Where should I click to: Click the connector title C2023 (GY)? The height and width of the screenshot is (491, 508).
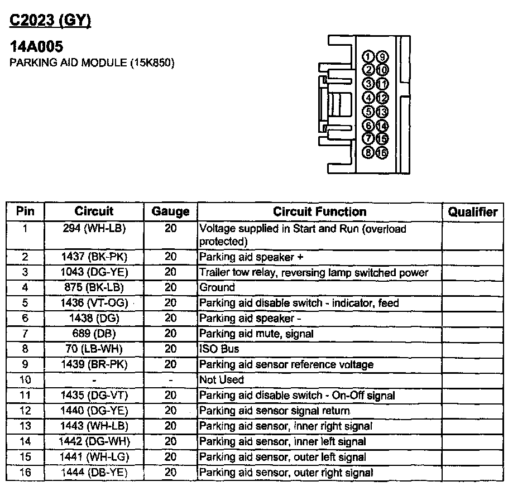[x=50, y=21]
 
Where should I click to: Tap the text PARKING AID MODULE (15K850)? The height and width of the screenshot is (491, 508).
[x=93, y=62]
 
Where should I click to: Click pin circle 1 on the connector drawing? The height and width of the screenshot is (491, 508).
[x=368, y=56]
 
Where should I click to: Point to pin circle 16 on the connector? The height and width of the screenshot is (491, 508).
[x=382, y=152]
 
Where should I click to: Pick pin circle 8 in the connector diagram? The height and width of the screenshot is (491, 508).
[x=368, y=152]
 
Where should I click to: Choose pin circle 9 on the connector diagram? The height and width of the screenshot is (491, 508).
[x=382, y=56]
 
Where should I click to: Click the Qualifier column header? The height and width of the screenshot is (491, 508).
[x=472, y=212]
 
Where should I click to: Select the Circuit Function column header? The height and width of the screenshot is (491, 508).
[x=319, y=212]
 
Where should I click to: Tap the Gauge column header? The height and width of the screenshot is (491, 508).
[x=170, y=212]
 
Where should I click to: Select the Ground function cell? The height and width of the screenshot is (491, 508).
[x=217, y=288]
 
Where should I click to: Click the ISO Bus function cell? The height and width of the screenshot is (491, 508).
[x=219, y=349]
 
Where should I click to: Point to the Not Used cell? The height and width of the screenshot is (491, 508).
[x=222, y=380]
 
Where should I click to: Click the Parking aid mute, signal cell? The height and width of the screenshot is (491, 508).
[x=256, y=334]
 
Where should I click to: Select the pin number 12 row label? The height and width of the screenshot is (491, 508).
[x=25, y=411]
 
